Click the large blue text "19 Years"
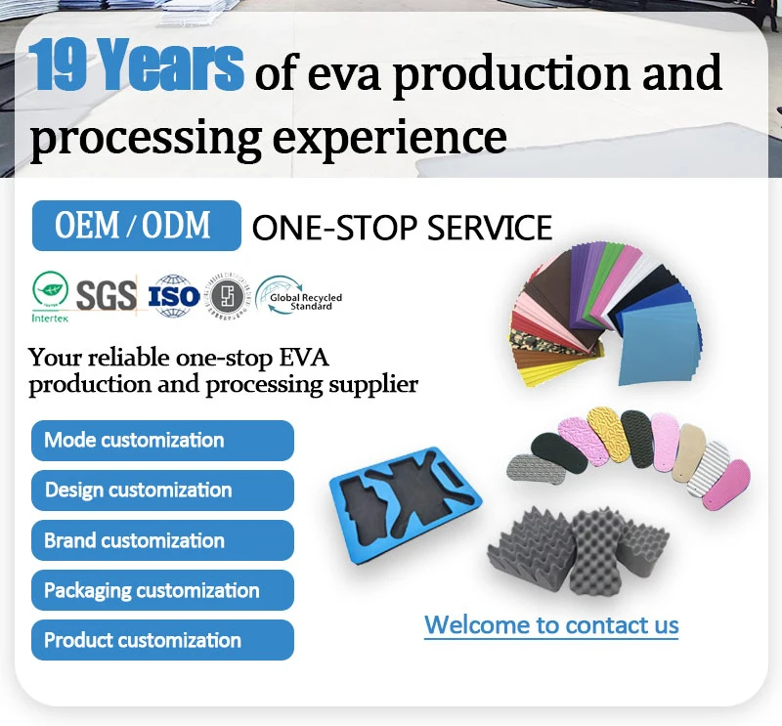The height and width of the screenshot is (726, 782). (x=136, y=67)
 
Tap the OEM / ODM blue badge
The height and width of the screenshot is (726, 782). (x=136, y=226)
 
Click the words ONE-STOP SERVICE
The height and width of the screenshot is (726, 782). (x=402, y=229)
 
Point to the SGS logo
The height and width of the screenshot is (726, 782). (x=106, y=294)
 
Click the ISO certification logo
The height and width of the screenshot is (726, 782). (x=173, y=295)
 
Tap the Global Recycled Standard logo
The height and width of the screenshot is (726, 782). (x=299, y=295)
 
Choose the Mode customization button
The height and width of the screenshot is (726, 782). (x=162, y=441)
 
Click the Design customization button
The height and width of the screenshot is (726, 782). (x=162, y=491)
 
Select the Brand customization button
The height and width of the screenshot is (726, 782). (x=162, y=540)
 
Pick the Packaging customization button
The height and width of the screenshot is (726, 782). (x=162, y=590)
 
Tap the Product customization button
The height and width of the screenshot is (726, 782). (x=162, y=640)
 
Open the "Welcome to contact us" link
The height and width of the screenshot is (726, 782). (x=551, y=625)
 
